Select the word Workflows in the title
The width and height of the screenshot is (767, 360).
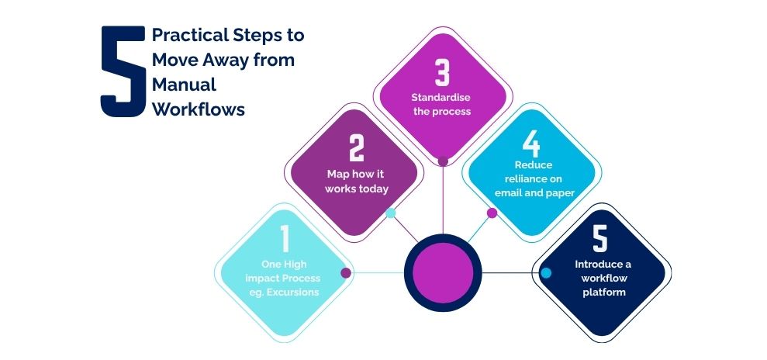199,109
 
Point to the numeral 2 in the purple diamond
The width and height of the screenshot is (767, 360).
357,147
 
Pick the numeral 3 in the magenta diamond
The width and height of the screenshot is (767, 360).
442,74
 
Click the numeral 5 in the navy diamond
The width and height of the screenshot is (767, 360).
600,239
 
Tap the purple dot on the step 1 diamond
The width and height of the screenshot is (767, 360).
346,273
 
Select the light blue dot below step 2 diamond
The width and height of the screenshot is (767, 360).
391,213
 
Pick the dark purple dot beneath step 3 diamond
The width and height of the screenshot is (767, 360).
443,162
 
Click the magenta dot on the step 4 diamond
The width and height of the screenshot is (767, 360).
492,213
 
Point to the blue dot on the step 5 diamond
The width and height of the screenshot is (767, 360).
547,273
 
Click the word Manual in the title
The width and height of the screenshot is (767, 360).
185,85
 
